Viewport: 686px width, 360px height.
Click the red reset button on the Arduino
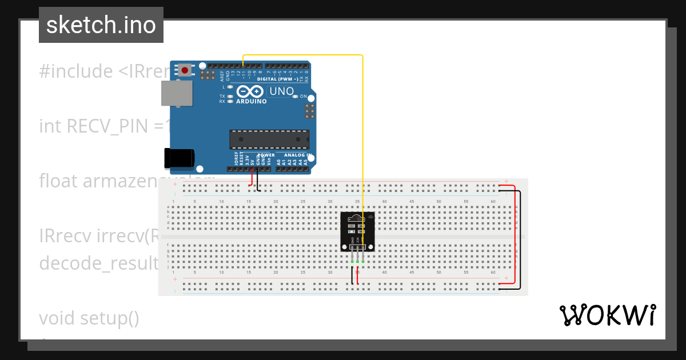[x=185, y=70]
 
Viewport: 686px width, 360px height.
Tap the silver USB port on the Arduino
[x=177, y=93]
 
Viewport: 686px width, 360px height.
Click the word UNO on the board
[x=281, y=91]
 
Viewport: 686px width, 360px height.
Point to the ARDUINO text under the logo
[x=251, y=102]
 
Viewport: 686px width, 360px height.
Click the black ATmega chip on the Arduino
[x=269, y=139]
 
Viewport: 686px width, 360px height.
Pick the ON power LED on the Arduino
[x=296, y=97]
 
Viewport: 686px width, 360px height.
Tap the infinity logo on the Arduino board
[x=250, y=91]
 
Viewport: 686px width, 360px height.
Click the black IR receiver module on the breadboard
[x=358, y=231]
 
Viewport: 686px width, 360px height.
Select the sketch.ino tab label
[x=101, y=25]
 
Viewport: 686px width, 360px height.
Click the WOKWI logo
[x=607, y=315]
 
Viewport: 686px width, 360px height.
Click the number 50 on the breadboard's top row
[x=438, y=202]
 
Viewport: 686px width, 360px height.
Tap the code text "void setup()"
[x=89, y=318]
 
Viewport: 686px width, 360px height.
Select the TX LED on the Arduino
[x=230, y=96]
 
